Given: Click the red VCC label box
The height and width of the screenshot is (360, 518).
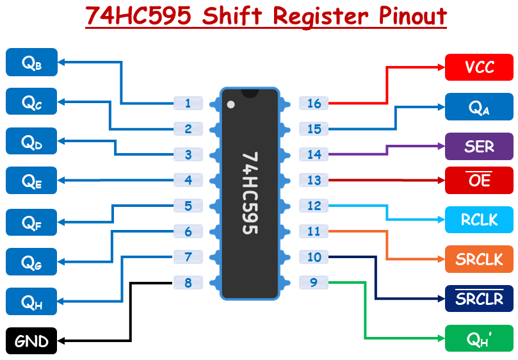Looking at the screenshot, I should coord(479,67).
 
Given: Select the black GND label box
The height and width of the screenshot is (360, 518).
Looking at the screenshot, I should coord(31,341).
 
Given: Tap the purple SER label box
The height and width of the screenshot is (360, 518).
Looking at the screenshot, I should coord(479,146).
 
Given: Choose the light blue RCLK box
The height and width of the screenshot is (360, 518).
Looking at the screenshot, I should coord(479,220).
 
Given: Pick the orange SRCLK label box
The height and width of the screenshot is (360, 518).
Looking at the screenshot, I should coord(479,259).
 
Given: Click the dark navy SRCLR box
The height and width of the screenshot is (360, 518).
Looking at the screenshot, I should coord(479,299).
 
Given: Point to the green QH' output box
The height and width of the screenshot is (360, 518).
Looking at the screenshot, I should coord(479,338).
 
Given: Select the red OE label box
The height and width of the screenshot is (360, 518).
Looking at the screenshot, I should coord(479,181).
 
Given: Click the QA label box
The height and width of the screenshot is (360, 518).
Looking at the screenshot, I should coord(479,107).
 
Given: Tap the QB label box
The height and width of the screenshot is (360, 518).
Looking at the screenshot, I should coord(31,62).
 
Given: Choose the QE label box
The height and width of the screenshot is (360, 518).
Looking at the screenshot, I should coord(31,181).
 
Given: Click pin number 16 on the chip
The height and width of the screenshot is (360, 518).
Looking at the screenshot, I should coord(314,103).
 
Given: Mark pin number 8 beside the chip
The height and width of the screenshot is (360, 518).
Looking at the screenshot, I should coord(188,282).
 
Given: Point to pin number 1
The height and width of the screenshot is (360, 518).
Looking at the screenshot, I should coord(188,103).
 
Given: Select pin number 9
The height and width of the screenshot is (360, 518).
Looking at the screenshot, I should coord(314,282).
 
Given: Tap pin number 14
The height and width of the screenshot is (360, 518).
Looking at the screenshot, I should coord(314,154).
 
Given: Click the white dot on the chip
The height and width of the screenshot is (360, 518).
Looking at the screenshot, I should coord(231,104).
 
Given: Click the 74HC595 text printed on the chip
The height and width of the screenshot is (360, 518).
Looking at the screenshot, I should coord(250,193).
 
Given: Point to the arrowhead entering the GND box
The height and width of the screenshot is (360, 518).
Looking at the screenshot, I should coord(61,341).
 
